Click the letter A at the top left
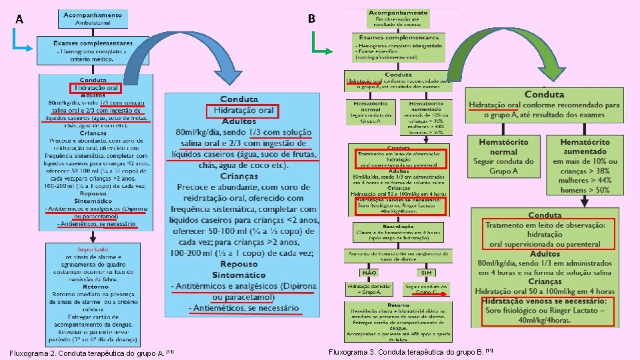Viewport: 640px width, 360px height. tap(19, 20)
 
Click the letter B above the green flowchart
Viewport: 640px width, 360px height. tap(312, 19)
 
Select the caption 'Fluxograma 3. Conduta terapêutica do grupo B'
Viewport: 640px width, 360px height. tap(411, 351)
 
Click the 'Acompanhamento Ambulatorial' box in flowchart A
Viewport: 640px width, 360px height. tap(93, 18)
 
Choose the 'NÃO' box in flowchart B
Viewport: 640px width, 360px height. tap(369, 273)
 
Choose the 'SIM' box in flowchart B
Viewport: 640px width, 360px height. tap(426, 273)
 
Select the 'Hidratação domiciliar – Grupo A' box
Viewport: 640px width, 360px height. tap(369, 289)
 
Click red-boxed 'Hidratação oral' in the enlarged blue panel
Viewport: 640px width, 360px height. tap(240, 111)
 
